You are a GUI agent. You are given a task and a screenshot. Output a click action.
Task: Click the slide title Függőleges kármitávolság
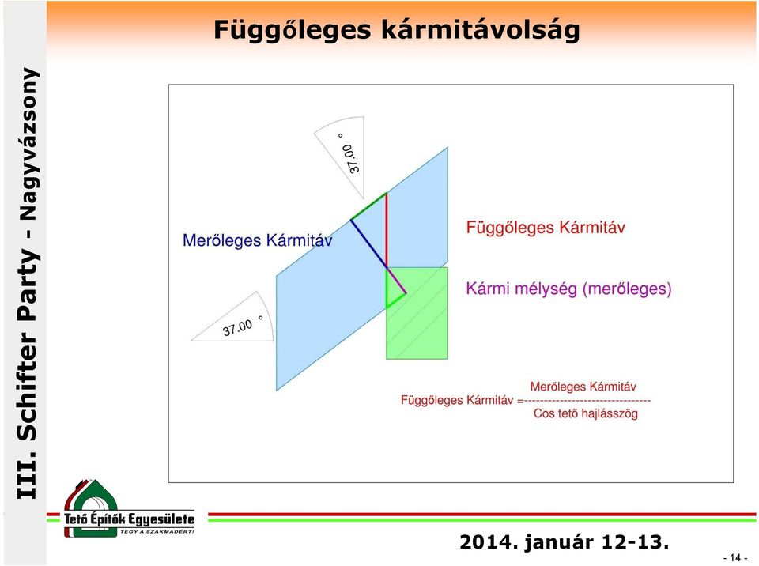pos(396,31)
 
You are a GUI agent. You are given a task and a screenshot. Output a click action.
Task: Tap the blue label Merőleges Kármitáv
pos(258,240)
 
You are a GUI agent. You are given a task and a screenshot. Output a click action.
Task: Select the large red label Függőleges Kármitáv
pos(546,228)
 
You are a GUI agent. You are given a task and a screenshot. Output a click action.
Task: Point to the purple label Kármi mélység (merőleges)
pos(568,289)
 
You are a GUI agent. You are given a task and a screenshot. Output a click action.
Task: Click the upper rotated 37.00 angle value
pos(352,156)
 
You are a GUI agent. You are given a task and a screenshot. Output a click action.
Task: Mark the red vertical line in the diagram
pos(387,231)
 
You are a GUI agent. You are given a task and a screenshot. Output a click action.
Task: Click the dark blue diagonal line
pos(368,244)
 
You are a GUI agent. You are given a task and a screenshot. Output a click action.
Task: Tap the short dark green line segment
pos(368,207)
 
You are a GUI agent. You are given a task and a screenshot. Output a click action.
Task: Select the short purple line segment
pos(396,281)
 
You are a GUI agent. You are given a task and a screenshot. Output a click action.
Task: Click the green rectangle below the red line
pos(417,313)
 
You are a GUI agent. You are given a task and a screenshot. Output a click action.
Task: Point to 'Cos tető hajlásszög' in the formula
pos(586,413)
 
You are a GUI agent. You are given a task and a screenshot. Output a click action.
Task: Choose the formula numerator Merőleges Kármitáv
pos(583,387)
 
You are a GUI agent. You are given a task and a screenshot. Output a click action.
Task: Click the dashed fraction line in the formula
pos(587,401)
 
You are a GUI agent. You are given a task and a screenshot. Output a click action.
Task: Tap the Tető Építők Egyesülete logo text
pos(129,519)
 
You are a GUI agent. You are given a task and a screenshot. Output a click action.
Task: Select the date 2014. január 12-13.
pos(564,542)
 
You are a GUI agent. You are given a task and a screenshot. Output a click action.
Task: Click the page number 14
pos(735,558)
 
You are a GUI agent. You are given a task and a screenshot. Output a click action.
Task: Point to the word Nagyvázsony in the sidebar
pos(27,144)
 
